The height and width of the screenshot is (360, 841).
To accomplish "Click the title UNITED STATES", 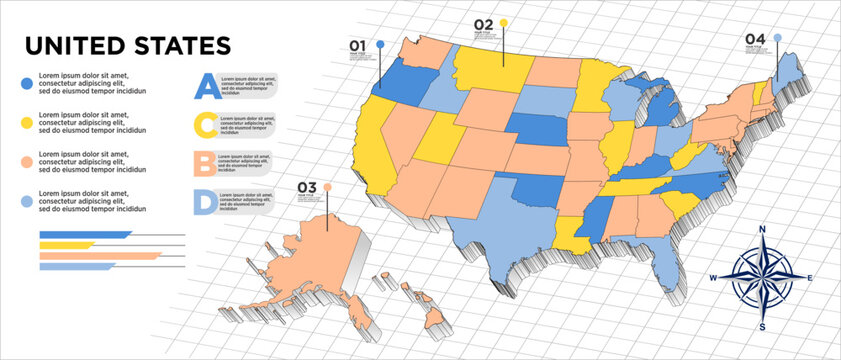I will coord(127,46).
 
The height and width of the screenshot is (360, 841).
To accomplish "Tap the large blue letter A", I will coord(205,87).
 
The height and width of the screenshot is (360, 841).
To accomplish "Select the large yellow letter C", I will coord(205,125).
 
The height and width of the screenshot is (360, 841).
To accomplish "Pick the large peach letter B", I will coord(205,163).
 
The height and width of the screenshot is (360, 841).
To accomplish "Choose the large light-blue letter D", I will coord(205,202).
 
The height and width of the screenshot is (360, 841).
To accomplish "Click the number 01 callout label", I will coord(358,45).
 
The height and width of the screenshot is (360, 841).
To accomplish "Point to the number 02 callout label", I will coord(483,23).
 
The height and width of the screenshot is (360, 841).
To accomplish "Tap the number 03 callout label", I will coord(306,187).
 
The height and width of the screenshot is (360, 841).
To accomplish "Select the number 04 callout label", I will coord(755,38).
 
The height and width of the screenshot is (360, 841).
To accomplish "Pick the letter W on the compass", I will coord(713,278).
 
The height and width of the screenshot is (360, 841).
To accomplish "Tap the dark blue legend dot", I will coord(25,82).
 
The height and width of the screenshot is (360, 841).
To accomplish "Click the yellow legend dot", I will coord(25,121).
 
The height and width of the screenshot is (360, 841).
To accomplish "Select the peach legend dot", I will coord(25,160).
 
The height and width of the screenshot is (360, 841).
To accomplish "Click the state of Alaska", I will coord(310,265).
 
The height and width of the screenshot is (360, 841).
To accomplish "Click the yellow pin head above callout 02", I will coord(504,22).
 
